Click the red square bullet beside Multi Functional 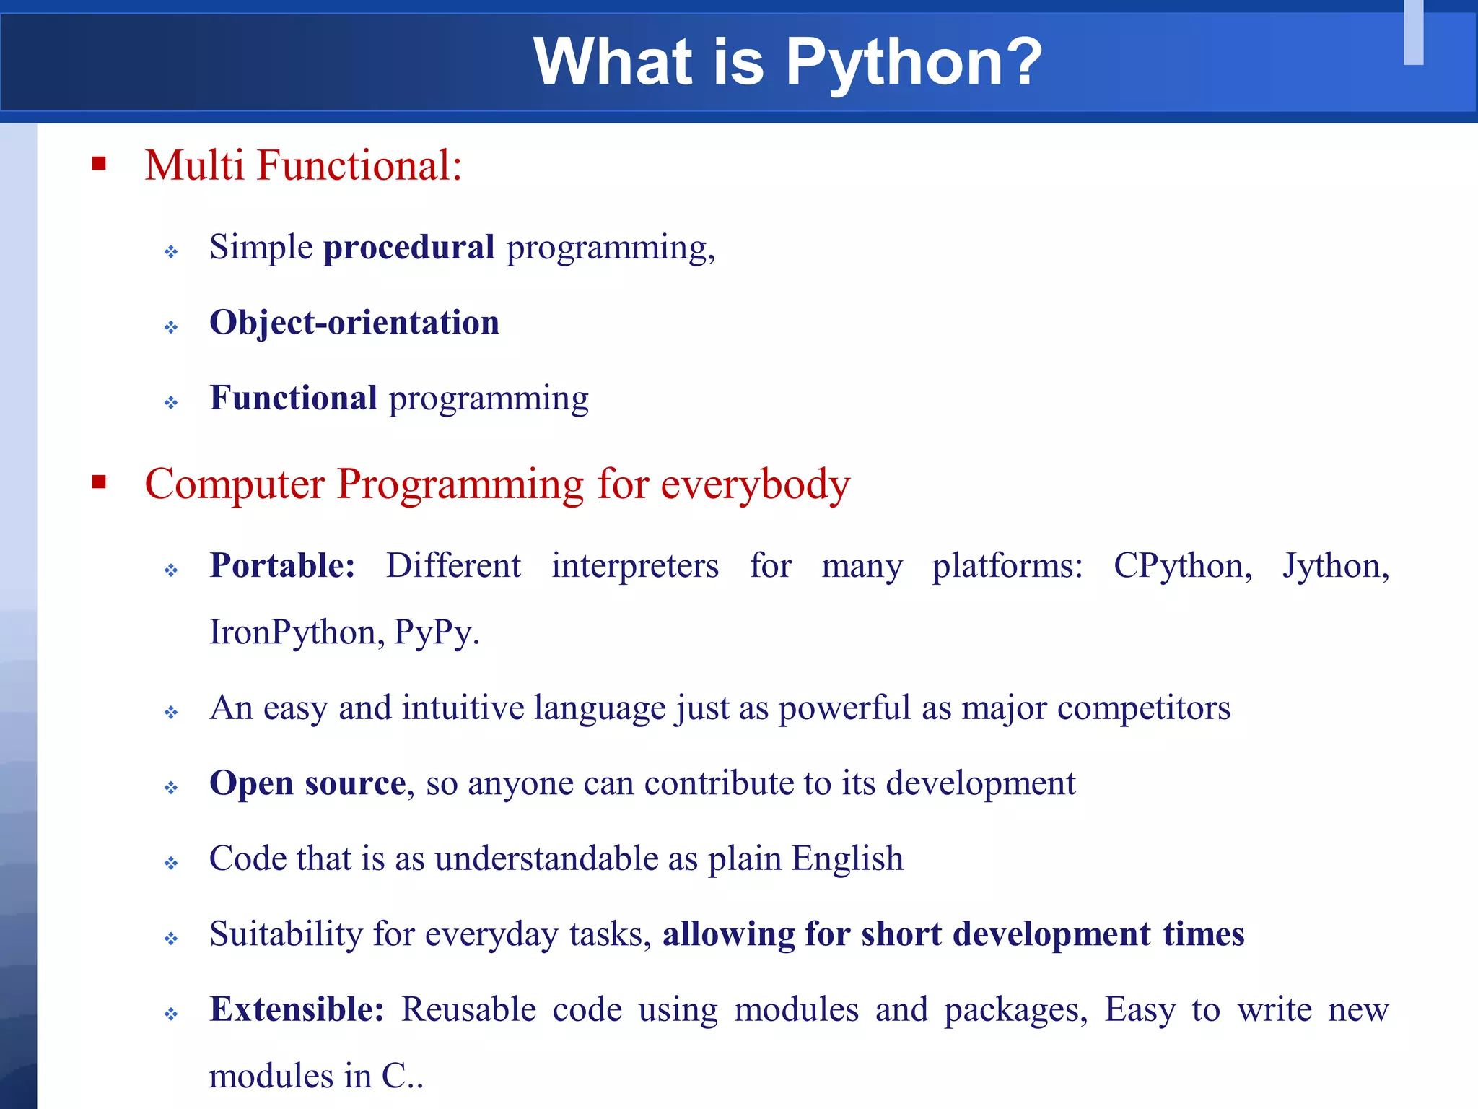point(99,164)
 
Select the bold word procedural point(409,248)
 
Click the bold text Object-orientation point(354,323)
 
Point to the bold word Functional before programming point(293,398)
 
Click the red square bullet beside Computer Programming point(99,482)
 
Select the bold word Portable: point(282,565)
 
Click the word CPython point(1182,565)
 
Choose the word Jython point(1335,565)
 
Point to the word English point(847,859)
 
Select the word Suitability point(286,934)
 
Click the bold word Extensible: point(297,1009)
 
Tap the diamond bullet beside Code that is point(171,863)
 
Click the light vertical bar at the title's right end point(1413,32)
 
